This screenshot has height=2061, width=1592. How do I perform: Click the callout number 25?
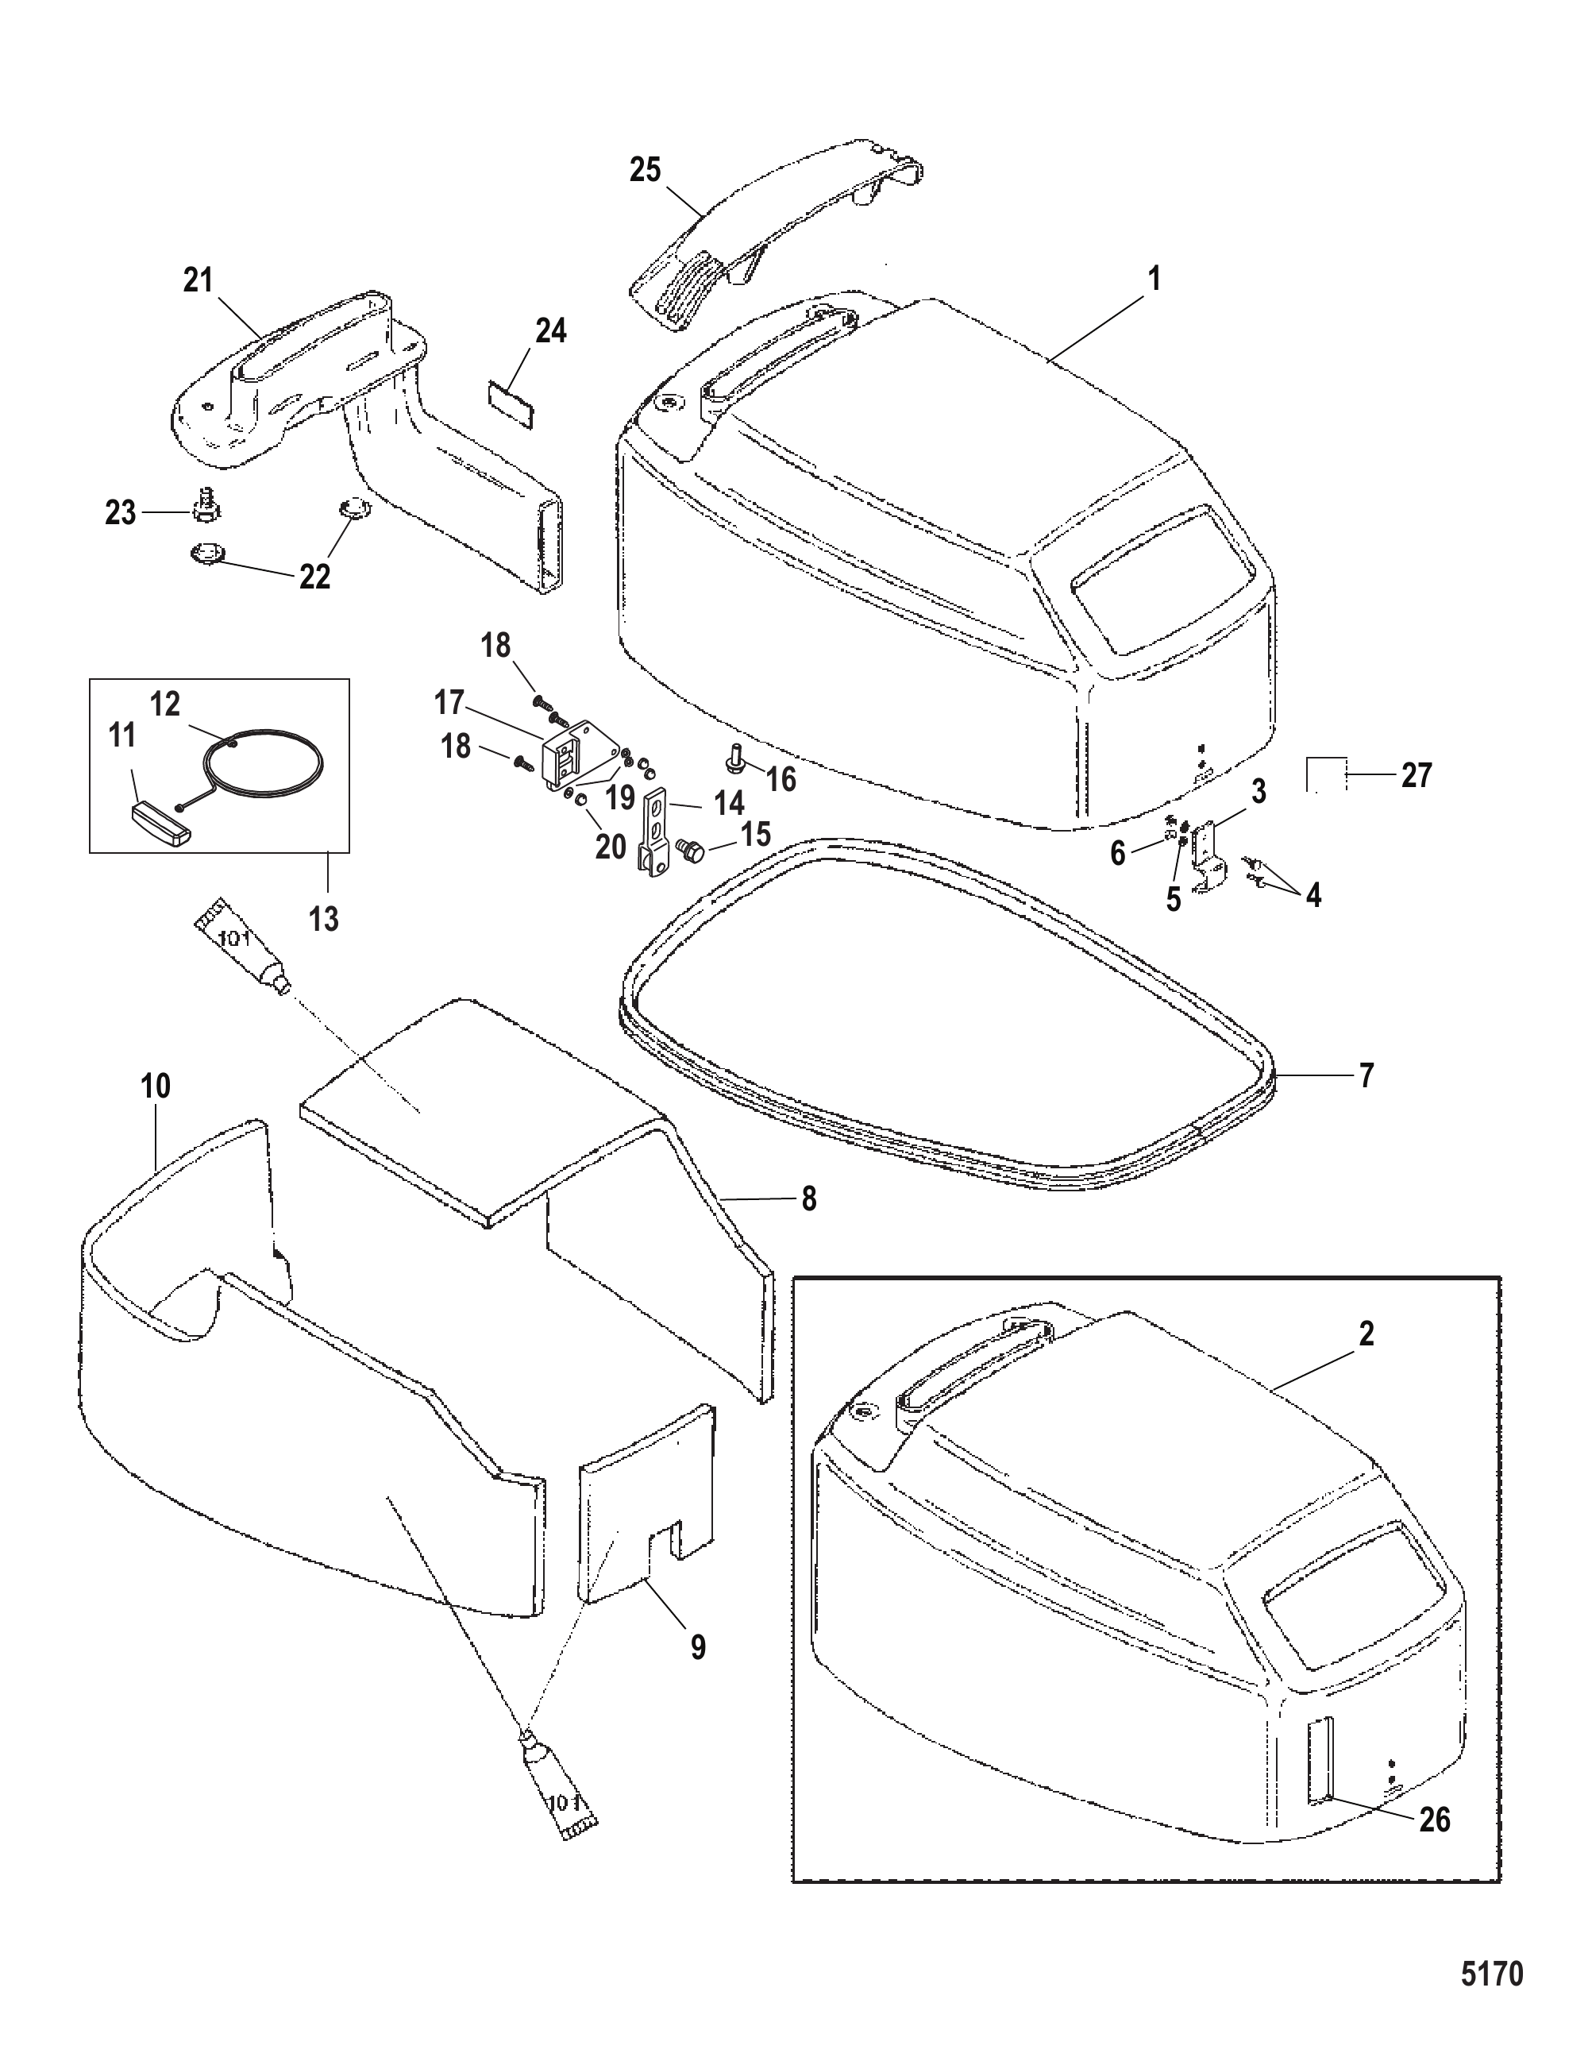[646, 171]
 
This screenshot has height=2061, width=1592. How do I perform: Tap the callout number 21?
[199, 280]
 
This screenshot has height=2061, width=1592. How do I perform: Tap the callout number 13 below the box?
[324, 918]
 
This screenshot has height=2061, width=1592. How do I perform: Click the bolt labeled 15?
[691, 851]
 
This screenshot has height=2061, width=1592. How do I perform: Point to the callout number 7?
[1366, 1075]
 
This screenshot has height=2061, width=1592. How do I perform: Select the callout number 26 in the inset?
[1436, 1820]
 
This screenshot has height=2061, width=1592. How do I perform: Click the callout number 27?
[1417, 775]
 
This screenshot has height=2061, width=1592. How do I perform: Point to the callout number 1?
[1153, 280]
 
